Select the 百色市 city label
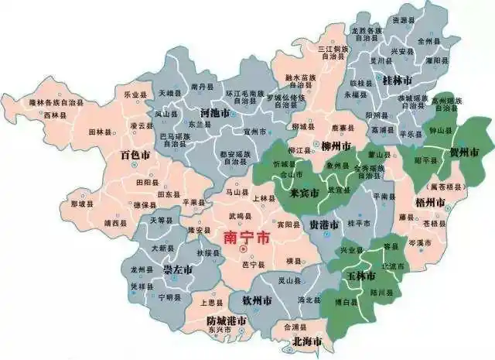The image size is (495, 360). [x=135, y=155]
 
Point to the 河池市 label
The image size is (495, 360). [x=214, y=113]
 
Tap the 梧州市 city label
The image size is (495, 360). [x=430, y=202]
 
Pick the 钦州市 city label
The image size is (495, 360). [x=256, y=300]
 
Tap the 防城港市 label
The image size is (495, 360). [x=227, y=321]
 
